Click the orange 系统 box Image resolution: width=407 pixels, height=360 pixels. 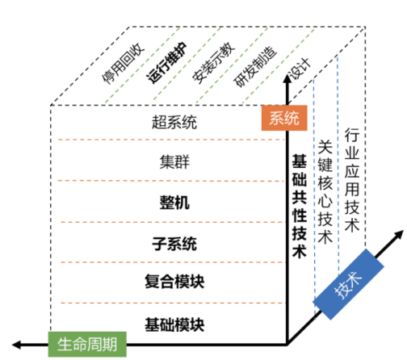point(284,118)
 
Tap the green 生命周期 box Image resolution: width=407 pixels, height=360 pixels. point(87,344)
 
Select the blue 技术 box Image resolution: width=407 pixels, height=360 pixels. point(348,284)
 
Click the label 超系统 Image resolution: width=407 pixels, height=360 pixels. point(174,122)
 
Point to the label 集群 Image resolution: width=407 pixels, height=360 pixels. point(174,162)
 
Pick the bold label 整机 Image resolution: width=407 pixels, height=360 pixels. point(174,203)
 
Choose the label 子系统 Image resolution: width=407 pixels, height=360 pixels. point(174,244)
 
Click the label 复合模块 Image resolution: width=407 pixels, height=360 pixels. point(174,282)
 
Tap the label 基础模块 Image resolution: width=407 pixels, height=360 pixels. point(174,324)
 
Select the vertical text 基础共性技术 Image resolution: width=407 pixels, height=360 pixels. point(300,206)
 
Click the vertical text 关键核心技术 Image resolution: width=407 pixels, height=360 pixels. point(325,191)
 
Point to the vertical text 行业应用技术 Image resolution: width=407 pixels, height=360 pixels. point(352,180)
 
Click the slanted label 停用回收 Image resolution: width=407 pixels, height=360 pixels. point(124,63)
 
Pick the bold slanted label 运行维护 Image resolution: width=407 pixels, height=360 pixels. point(167,62)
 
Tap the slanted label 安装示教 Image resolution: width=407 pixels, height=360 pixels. point(213,62)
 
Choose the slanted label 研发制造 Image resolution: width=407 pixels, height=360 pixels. point(255,66)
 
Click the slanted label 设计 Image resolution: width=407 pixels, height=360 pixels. point(300,69)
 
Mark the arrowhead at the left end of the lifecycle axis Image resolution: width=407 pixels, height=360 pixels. point(16,345)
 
